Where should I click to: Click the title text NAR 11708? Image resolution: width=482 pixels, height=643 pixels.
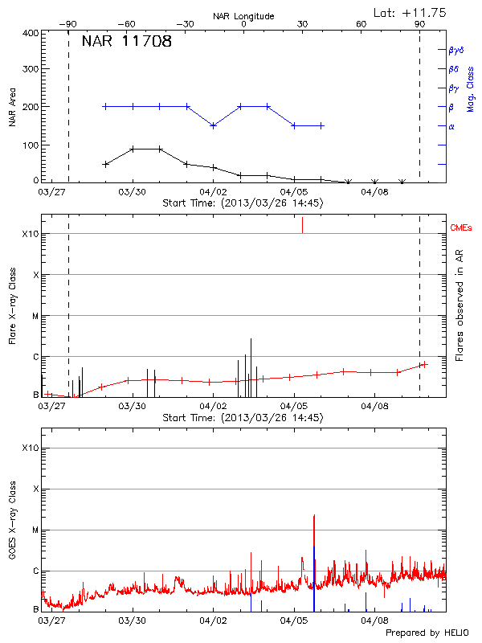126,43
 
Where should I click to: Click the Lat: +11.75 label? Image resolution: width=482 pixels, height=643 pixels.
411,12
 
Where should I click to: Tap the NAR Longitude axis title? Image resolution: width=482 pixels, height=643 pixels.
243,15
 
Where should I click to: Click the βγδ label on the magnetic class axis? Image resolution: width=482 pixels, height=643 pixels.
457,49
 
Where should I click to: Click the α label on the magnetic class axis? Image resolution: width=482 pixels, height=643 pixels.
451,126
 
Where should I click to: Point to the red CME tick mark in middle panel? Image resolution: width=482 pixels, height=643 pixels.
302,225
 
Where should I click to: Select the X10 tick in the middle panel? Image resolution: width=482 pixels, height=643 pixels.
31,234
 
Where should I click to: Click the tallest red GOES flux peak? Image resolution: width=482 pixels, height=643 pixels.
314,517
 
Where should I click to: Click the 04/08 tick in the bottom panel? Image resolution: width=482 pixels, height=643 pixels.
374,620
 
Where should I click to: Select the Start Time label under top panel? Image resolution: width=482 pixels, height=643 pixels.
243,203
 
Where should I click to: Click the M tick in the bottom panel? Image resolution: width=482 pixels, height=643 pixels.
35,530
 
